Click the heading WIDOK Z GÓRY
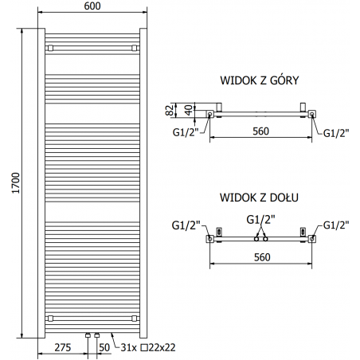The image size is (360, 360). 260,81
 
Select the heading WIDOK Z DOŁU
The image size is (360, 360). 260,196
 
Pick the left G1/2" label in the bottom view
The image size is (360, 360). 185,225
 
